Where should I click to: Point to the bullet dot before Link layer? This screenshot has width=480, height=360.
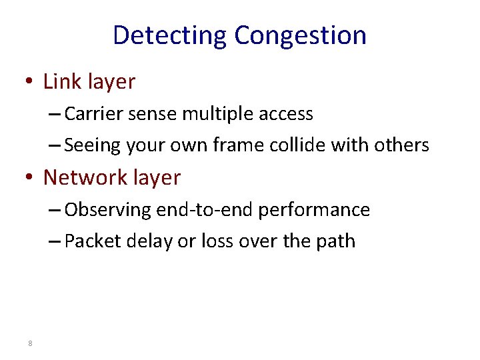[30, 83]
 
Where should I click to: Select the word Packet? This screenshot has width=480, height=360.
[91, 241]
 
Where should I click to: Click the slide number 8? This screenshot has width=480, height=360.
[31, 343]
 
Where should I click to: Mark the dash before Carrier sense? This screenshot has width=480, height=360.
[55, 114]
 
